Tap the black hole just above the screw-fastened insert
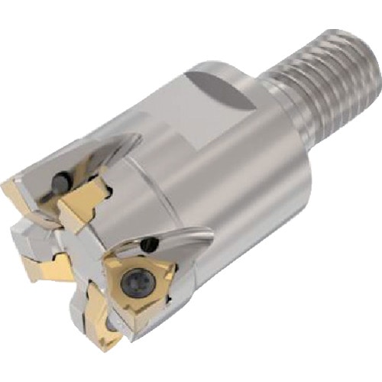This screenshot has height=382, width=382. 151,245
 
